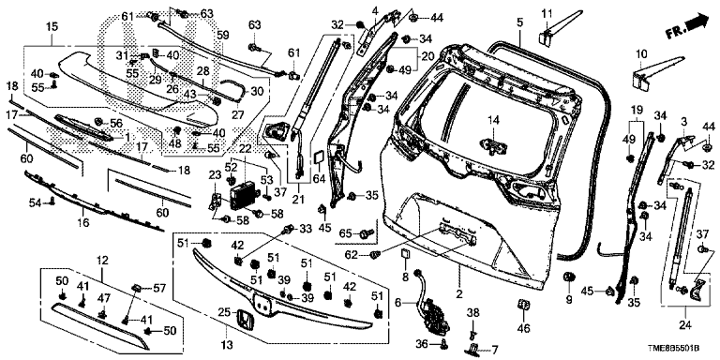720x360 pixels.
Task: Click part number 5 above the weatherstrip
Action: point(519,22)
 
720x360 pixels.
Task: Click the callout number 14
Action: point(493,120)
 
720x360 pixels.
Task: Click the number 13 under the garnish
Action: point(227,344)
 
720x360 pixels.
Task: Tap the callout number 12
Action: point(102,261)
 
